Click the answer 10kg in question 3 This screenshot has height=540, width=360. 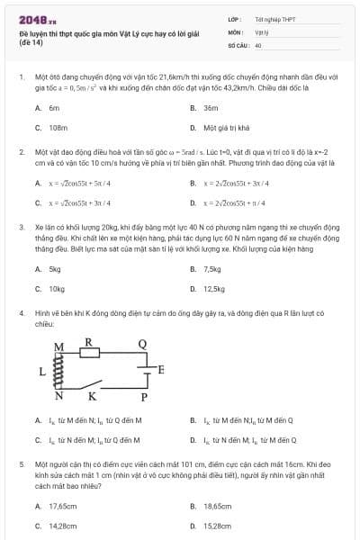pyautogui.click(x=57, y=289)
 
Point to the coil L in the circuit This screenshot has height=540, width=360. pyautogui.click(x=59, y=370)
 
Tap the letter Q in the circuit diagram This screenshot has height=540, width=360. pyautogui.click(x=141, y=343)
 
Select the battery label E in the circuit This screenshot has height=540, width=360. pyautogui.click(x=161, y=369)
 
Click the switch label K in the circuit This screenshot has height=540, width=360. pyautogui.click(x=92, y=395)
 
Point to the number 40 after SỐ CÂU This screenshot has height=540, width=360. pyautogui.click(x=258, y=44)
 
